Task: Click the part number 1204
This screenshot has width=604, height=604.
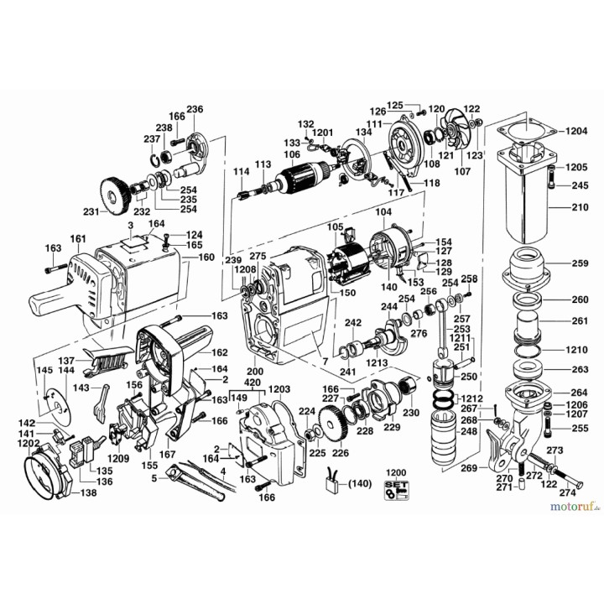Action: point(577,132)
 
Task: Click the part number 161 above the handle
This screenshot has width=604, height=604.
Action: point(78,240)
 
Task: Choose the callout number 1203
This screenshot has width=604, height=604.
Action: point(279,391)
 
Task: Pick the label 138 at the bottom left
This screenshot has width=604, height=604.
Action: point(88,492)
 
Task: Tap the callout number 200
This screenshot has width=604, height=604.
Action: point(254,370)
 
